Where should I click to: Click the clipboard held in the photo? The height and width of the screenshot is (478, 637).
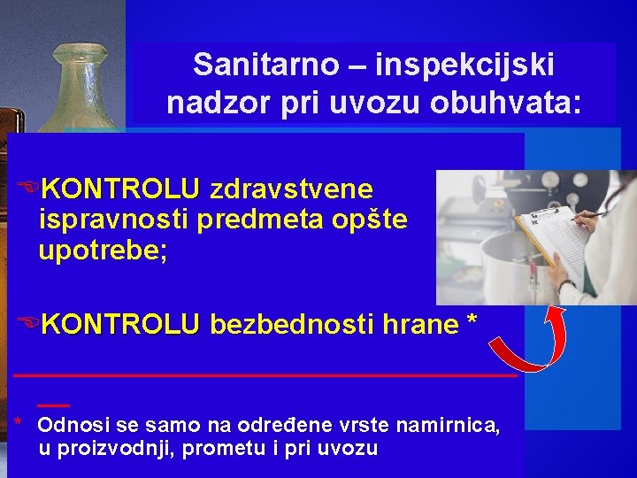[554, 241]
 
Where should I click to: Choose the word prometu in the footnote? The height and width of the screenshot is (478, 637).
[231, 449]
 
